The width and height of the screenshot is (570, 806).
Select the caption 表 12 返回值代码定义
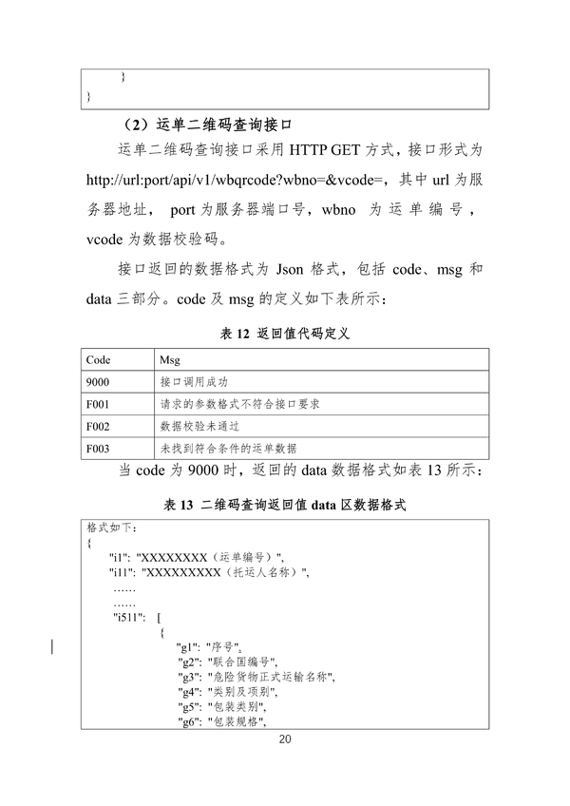click(x=285, y=334)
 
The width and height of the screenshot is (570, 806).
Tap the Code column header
click(x=99, y=361)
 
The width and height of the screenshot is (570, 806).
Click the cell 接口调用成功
click(x=194, y=383)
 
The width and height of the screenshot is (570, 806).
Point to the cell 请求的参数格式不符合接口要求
click(x=239, y=404)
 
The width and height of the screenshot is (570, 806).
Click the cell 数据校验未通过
click(x=199, y=426)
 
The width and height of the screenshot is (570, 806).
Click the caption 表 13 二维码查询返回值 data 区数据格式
click(x=285, y=505)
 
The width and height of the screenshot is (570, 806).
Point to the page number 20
click(x=285, y=739)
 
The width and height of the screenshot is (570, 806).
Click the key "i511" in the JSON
click(x=128, y=620)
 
